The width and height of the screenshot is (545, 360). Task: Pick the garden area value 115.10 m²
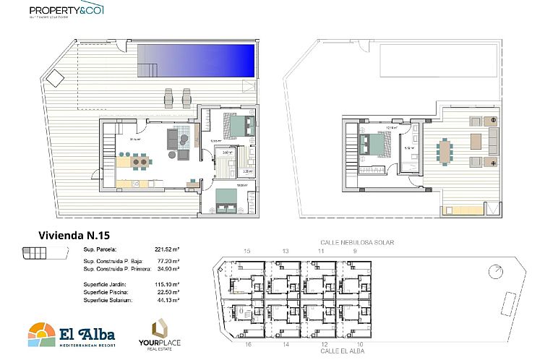(167, 284)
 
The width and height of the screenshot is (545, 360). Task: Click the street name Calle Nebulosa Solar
(357, 243)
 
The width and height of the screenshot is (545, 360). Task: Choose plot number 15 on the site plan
(247, 251)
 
